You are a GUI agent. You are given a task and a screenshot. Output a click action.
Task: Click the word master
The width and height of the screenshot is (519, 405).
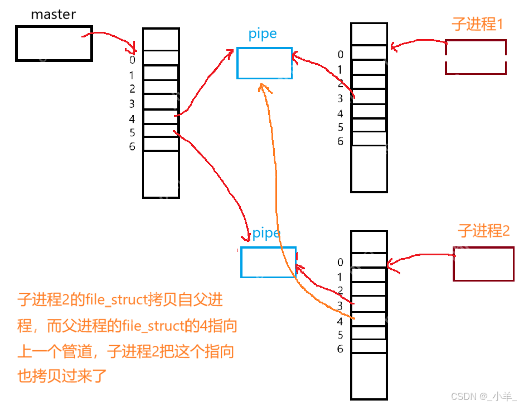(53, 15)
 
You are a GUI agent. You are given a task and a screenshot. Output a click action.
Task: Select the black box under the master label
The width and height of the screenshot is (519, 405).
(54, 43)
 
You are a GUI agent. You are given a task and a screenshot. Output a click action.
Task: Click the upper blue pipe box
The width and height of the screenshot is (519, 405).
(264, 63)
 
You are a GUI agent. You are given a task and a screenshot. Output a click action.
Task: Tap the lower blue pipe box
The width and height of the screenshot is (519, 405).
(268, 262)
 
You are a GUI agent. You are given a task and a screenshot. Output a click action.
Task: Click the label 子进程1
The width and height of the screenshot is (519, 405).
(478, 25)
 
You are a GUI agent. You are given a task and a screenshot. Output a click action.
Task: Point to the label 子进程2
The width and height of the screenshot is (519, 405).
(483, 230)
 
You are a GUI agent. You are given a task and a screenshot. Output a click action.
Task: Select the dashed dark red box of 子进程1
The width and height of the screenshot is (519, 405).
(476, 57)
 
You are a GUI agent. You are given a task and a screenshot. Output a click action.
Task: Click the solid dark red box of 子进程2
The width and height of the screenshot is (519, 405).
(483, 264)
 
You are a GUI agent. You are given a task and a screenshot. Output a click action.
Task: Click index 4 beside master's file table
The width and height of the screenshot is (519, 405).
(132, 118)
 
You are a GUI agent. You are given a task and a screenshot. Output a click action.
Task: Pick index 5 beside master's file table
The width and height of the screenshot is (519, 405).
(132, 132)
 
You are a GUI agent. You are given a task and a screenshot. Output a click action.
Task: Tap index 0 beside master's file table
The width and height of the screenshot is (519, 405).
(132, 60)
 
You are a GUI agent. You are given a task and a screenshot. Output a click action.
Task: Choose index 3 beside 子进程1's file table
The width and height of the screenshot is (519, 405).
(340, 98)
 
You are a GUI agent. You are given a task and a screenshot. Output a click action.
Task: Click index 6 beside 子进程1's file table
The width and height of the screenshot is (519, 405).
(340, 141)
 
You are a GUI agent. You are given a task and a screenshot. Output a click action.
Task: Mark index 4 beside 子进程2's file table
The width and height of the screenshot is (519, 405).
(340, 321)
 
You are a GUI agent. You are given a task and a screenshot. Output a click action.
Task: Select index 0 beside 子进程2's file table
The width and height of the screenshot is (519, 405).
(340, 262)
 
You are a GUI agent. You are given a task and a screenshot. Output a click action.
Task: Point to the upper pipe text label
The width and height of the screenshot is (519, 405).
(263, 34)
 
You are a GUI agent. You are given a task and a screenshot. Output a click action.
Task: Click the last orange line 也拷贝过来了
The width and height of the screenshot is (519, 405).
(61, 375)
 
